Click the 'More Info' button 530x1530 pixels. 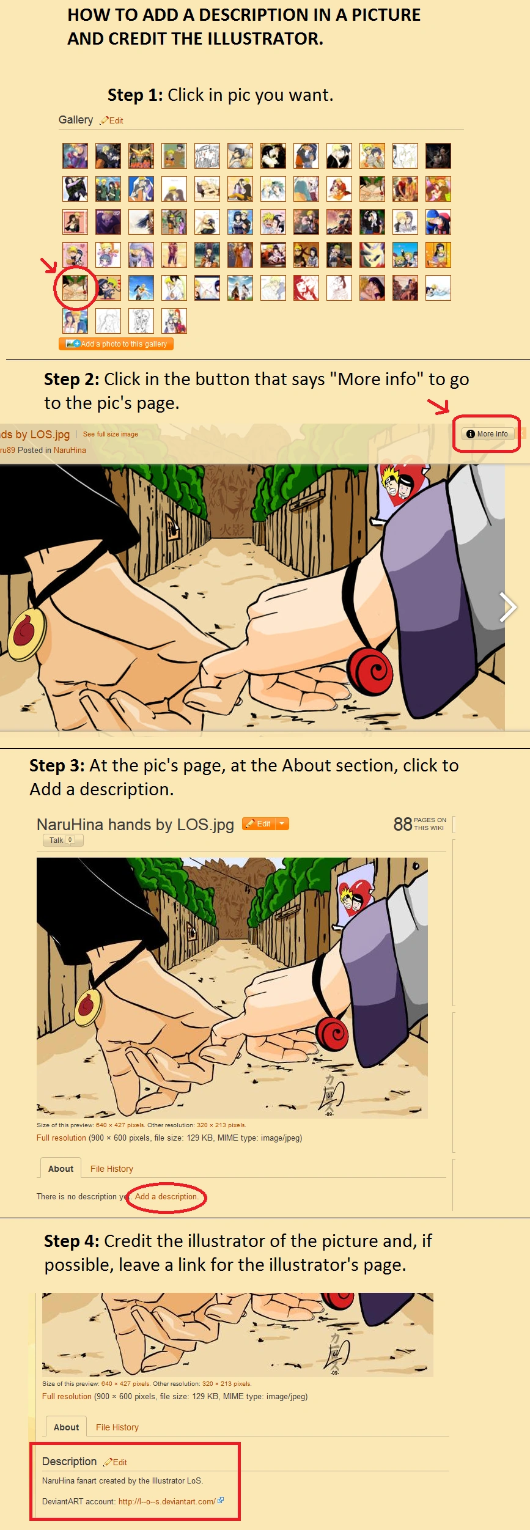pos(487,434)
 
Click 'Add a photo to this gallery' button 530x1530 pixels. pos(116,344)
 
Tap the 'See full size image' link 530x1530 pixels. pos(111,434)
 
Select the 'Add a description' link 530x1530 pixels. pos(166,1196)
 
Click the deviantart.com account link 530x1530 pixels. pos(167,1501)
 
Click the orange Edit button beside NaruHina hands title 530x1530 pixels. pos(259,823)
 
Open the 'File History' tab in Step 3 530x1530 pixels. pos(112,1169)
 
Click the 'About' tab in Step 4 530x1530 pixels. pos(66,1427)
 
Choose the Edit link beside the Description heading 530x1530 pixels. pos(116,1462)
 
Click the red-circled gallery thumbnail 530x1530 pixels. pos(75,287)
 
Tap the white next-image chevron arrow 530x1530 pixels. pos(507,607)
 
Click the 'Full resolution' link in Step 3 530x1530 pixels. pos(61,1138)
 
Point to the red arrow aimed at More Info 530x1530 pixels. pos(439,405)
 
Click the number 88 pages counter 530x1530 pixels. pos(403,824)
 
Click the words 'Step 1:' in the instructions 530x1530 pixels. pos(135,95)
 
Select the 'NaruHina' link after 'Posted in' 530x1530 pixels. pos(70,450)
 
